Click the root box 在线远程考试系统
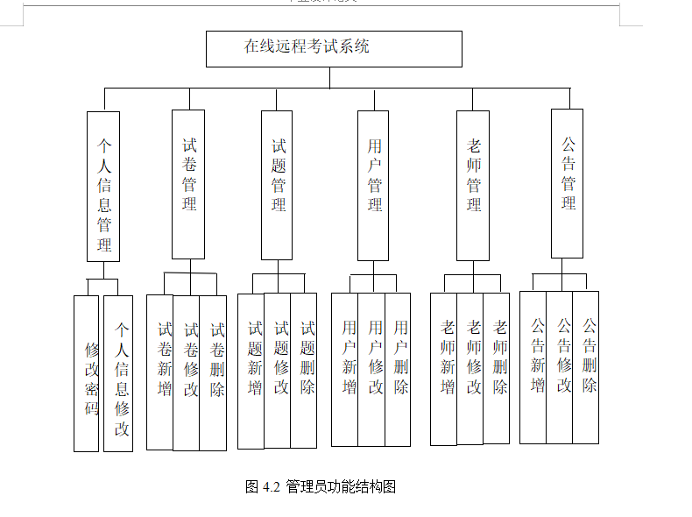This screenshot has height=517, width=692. [334, 49]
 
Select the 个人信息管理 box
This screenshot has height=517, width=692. [103, 186]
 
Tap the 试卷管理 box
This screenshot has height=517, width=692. [188, 184]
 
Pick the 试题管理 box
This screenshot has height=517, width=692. [278, 185]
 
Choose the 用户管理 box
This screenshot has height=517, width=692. [374, 185]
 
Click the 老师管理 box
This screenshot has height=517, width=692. [473, 185]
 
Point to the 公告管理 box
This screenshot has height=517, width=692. [567, 183]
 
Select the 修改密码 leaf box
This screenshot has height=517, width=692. [87, 373]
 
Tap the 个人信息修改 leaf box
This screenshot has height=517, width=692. [118, 373]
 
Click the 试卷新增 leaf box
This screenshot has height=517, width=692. [160, 372]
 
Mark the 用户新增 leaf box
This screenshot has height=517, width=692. [345, 369]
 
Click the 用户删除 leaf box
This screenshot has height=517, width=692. [398, 369]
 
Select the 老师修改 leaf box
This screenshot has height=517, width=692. [470, 368]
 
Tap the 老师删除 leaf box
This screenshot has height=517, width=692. [497, 368]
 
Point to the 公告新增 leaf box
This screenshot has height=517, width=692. [533, 367]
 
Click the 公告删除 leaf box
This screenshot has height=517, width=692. [586, 367]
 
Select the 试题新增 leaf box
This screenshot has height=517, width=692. [251, 371]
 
